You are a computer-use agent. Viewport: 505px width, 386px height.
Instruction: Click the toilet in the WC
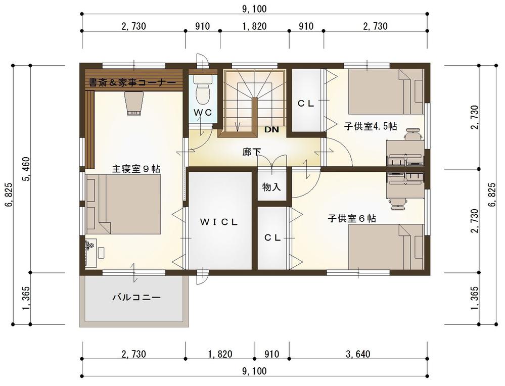(x=203, y=90)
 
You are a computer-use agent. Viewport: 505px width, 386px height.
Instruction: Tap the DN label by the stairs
(x=271, y=130)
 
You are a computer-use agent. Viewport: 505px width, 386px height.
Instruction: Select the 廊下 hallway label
(x=252, y=152)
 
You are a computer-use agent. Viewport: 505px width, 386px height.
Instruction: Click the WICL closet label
(x=219, y=222)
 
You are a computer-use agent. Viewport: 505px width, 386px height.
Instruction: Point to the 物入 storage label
(x=271, y=187)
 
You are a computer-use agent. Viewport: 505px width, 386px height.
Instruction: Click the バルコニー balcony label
(x=136, y=297)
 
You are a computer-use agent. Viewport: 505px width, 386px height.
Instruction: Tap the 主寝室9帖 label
(x=136, y=169)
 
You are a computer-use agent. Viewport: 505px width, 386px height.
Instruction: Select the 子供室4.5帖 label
(x=371, y=126)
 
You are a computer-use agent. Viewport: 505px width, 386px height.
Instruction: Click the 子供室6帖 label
(x=352, y=219)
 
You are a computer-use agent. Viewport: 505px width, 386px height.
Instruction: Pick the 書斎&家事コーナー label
(x=132, y=83)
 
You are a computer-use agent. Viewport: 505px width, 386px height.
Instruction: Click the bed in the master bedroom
(x=123, y=204)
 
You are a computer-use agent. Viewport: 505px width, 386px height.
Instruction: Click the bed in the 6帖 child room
(x=386, y=247)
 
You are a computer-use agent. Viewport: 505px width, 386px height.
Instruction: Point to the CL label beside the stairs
(x=306, y=104)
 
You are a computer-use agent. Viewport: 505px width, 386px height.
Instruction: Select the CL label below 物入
(x=272, y=237)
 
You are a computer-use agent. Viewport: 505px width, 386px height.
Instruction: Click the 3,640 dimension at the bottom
(x=358, y=354)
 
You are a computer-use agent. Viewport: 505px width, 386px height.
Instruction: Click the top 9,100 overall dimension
(x=254, y=9)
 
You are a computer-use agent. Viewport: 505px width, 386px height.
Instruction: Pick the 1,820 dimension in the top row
(x=254, y=26)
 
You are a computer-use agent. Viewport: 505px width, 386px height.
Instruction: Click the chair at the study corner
(x=133, y=104)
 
